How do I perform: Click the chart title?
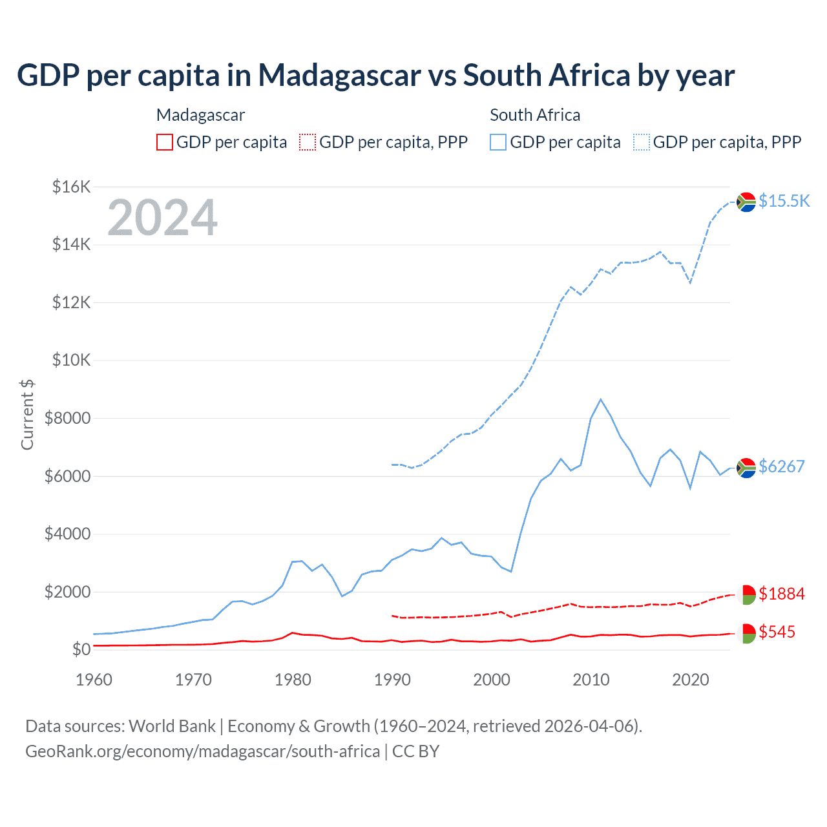375,76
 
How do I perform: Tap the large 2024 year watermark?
162,218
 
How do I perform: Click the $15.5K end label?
784,201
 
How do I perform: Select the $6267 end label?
781,466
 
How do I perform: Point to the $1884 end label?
781,594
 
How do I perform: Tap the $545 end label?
777,632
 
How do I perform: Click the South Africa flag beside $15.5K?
746,202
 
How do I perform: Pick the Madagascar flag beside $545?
746,633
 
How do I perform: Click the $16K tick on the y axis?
71,187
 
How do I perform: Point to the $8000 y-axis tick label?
67,418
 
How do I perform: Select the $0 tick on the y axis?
81,649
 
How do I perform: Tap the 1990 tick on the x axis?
392,680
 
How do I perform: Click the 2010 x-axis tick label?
591,680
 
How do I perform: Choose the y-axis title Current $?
27,415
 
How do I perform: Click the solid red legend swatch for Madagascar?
165,142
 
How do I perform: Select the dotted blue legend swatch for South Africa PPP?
642,142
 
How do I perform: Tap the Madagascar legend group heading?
200,115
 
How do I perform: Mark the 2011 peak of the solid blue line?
601,399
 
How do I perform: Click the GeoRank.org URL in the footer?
202,751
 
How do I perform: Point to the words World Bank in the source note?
172,726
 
